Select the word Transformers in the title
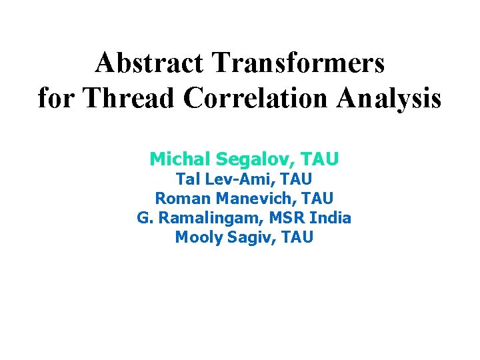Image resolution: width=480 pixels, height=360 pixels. click(299, 63)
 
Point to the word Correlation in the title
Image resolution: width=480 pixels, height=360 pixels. click(256, 98)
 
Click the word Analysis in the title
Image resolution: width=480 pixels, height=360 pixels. click(389, 98)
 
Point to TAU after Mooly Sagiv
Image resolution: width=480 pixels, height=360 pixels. click(297, 237)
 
